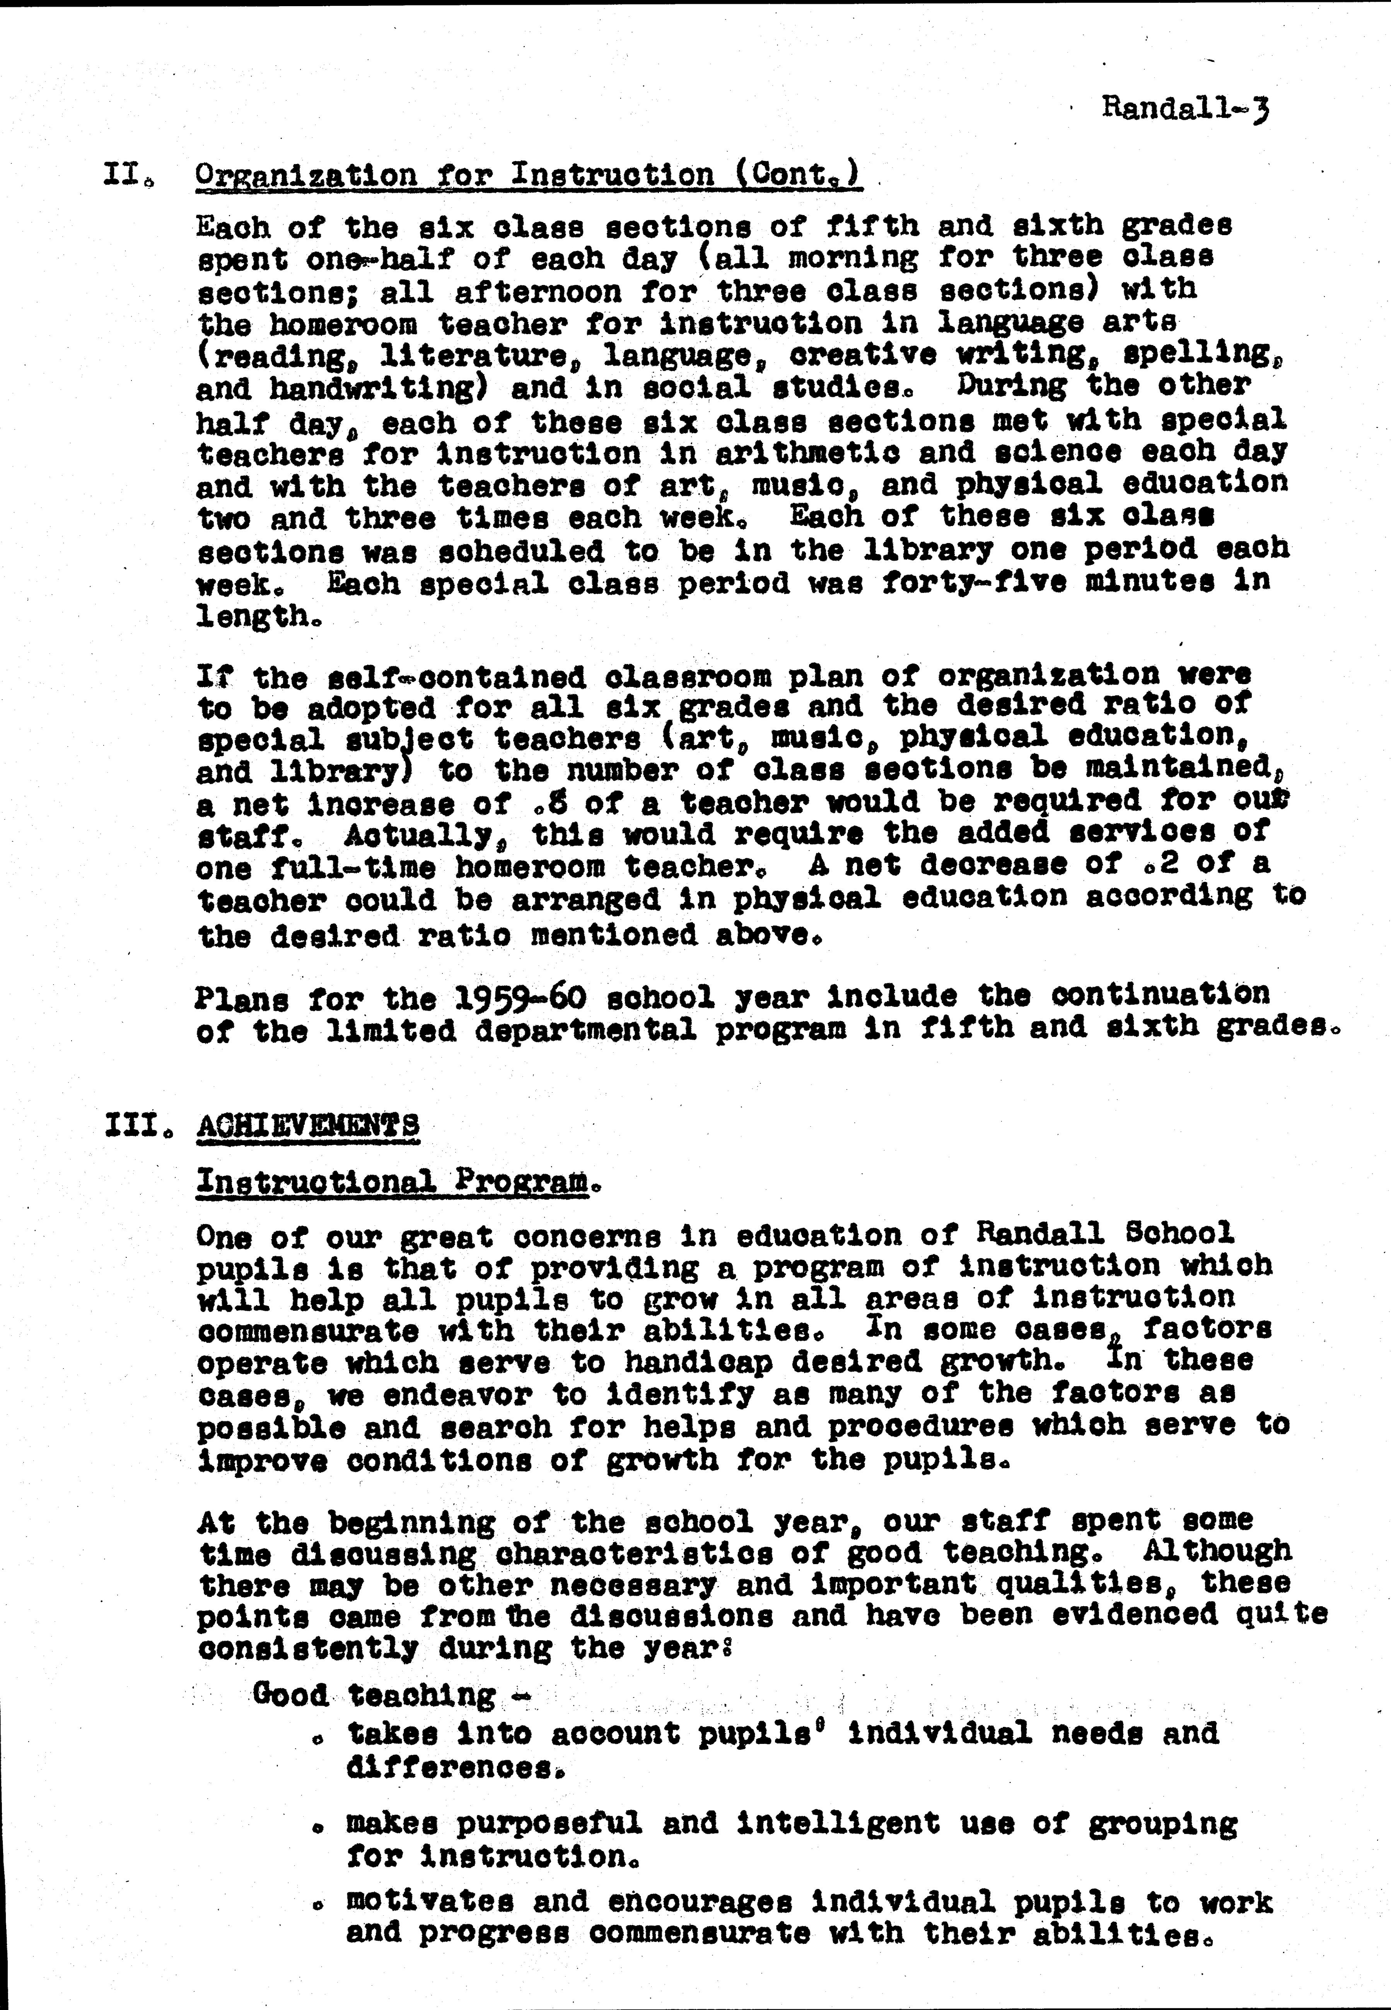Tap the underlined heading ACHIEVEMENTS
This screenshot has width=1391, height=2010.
coord(308,1125)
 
